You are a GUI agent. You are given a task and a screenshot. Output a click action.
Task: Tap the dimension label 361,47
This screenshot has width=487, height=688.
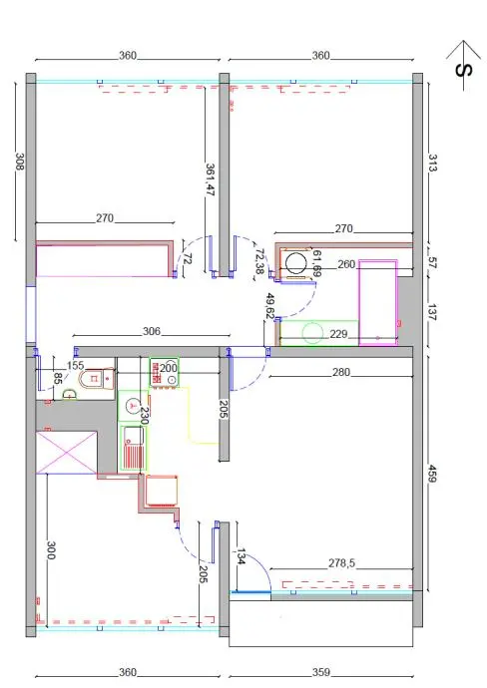[x=210, y=179]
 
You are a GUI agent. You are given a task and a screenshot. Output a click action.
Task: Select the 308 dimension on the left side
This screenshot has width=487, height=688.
[x=20, y=161]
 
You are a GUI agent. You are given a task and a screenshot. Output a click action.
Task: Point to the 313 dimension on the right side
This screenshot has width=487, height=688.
[x=432, y=163]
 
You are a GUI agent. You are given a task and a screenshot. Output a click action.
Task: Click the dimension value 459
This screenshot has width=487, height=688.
[x=432, y=474]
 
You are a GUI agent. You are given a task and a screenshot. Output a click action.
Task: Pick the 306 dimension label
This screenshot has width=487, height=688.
[x=152, y=331]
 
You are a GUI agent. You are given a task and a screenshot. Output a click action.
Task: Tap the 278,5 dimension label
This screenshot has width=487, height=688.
[x=341, y=563]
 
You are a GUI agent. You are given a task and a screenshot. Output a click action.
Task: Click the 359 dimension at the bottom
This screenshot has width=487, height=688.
[x=321, y=672]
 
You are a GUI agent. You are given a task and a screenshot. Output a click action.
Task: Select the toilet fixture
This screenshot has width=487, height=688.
[x=97, y=378]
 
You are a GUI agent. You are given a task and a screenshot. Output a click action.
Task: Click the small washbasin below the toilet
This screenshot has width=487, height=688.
[x=70, y=395]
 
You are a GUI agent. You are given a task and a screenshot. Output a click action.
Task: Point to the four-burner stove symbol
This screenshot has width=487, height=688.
[x=164, y=373]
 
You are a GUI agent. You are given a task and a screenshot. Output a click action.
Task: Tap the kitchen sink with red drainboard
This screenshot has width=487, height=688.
[x=133, y=448]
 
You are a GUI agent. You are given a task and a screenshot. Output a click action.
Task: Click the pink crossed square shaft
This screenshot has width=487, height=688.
[x=66, y=453]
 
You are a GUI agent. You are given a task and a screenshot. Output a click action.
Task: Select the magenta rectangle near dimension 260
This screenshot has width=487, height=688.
[x=378, y=302]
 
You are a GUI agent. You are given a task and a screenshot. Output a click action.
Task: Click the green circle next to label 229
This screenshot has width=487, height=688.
[x=312, y=333]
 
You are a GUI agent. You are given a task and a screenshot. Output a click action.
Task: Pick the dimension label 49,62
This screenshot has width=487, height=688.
[x=270, y=306]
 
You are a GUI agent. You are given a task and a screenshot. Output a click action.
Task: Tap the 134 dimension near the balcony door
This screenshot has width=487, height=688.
[x=242, y=556]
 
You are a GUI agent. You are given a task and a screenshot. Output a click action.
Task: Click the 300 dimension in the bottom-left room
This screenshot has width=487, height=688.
[x=51, y=550]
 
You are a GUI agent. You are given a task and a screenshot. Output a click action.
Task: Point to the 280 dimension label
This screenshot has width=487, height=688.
[x=341, y=372]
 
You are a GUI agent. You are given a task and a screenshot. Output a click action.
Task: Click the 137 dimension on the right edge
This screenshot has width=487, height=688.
[x=432, y=312]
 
